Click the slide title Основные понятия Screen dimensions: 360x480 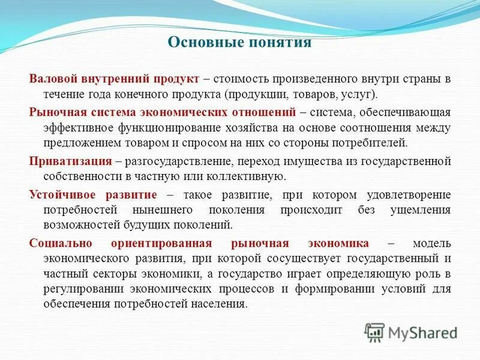click(x=239, y=43)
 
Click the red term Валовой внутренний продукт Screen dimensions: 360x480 click(x=114, y=79)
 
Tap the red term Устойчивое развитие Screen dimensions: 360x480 click(x=93, y=195)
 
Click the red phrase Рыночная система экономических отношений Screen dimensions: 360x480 click(x=163, y=112)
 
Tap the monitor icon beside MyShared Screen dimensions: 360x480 click(x=374, y=332)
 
